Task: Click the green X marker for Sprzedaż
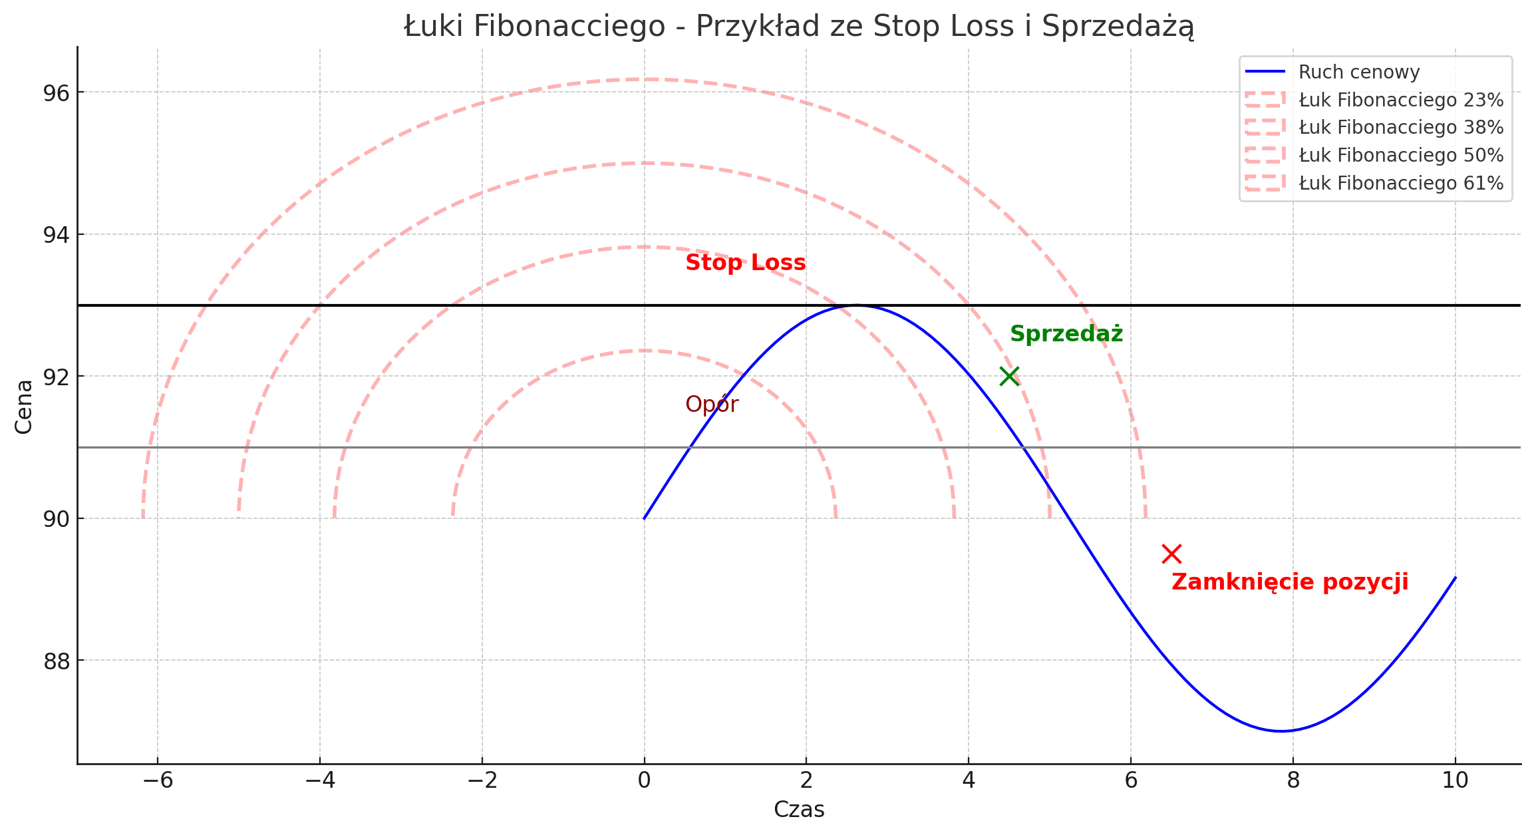click(1009, 376)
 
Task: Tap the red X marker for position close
click(1171, 554)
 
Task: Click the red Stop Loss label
click(745, 263)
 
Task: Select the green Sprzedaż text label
click(1066, 334)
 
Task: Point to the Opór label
click(712, 405)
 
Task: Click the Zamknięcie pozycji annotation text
click(1290, 582)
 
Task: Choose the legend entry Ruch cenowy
click(1359, 72)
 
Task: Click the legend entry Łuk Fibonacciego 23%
click(1401, 100)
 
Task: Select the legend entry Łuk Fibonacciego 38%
click(1401, 127)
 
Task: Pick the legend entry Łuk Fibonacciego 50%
click(1401, 155)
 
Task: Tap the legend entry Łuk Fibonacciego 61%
click(1401, 183)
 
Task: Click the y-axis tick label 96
click(56, 92)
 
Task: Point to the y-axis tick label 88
click(56, 661)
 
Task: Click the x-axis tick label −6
click(158, 781)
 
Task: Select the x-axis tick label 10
click(1455, 781)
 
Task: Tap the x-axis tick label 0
click(644, 781)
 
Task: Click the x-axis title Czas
click(799, 810)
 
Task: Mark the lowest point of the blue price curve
click(1281, 731)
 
